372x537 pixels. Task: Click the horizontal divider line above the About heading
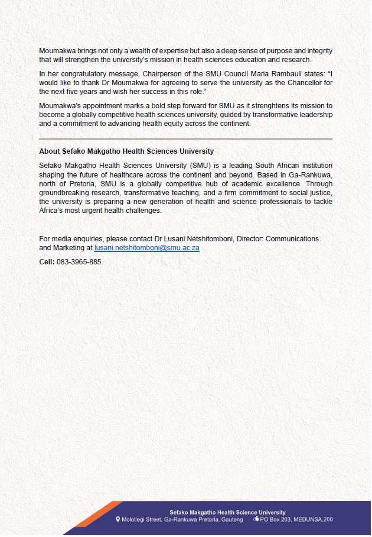[185, 139]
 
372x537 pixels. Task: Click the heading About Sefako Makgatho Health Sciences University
[126, 151]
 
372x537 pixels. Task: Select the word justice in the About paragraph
[319, 193]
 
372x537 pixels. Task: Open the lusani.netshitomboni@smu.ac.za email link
[146, 248]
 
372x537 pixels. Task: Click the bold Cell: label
[47, 261]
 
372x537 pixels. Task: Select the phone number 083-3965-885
[79, 261]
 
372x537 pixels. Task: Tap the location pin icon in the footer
[118, 519]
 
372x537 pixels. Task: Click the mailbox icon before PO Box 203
[256, 519]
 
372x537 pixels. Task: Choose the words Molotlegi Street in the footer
[142, 519]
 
